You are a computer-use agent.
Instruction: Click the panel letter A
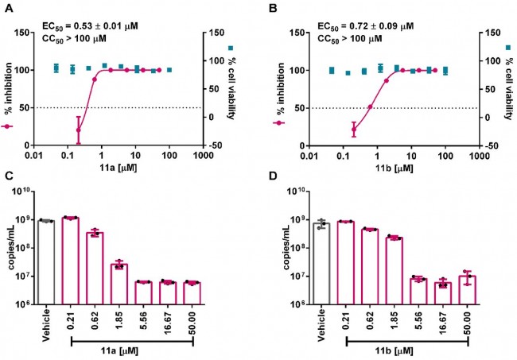[10, 8]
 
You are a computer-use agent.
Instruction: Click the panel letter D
[272, 188]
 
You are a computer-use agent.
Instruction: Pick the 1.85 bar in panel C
[120, 284]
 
